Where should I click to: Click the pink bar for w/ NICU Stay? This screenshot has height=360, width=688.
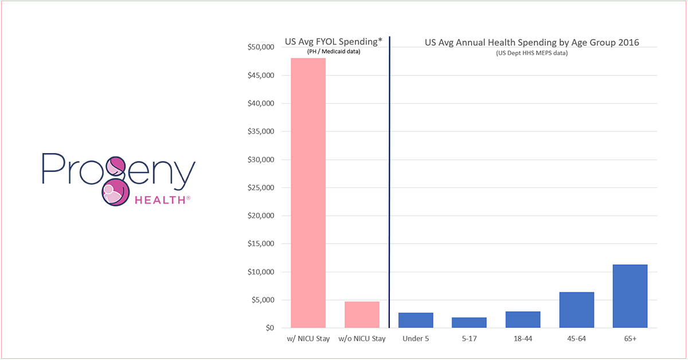pyautogui.click(x=308, y=193)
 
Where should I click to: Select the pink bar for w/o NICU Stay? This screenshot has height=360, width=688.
pyautogui.click(x=362, y=315)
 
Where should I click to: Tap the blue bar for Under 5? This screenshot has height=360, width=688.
pyautogui.click(x=416, y=320)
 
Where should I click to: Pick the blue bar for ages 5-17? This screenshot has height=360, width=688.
pyautogui.click(x=469, y=323)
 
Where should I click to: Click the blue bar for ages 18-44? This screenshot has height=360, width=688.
pyautogui.click(x=523, y=320)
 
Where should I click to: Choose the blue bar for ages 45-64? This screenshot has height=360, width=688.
pyautogui.click(x=576, y=310)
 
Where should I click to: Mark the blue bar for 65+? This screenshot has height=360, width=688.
pyautogui.click(x=630, y=296)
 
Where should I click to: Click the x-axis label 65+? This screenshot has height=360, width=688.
pyautogui.click(x=630, y=339)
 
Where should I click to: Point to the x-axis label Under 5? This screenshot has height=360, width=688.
pyautogui.click(x=416, y=339)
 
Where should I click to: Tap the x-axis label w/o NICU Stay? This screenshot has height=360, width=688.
pyautogui.click(x=362, y=339)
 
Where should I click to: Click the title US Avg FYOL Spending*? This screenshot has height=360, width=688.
pyautogui.click(x=333, y=42)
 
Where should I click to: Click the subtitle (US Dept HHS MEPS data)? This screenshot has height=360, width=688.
pyautogui.click(x=531, y=53)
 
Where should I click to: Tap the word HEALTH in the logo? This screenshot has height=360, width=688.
pyautogui.click(x=162, y=200)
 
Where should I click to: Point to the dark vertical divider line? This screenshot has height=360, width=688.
pyautogui.click(x=389, y=183)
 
